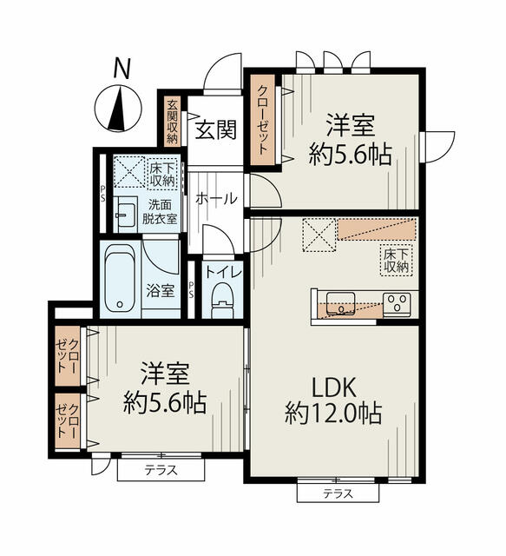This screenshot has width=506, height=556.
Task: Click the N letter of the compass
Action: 122,68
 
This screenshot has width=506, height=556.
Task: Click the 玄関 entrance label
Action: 216,129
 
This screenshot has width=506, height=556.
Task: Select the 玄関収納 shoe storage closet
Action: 172,122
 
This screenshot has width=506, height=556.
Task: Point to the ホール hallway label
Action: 216,199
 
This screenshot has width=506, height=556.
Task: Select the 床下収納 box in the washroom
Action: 162,175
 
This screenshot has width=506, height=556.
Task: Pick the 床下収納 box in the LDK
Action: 396,261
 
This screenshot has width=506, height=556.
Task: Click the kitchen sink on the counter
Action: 340,303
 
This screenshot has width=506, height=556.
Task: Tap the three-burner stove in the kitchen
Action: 397,304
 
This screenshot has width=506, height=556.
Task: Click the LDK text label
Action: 333,387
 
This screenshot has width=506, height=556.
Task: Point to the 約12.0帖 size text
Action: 333,414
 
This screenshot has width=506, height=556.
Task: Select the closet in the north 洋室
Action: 263,120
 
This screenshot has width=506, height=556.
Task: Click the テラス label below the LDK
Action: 338,493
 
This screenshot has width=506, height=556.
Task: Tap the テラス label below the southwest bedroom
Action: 161,471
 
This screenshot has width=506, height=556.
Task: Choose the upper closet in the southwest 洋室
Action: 68,355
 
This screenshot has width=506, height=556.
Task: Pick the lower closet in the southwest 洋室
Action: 68,420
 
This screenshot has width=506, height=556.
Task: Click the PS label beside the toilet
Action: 191,289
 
